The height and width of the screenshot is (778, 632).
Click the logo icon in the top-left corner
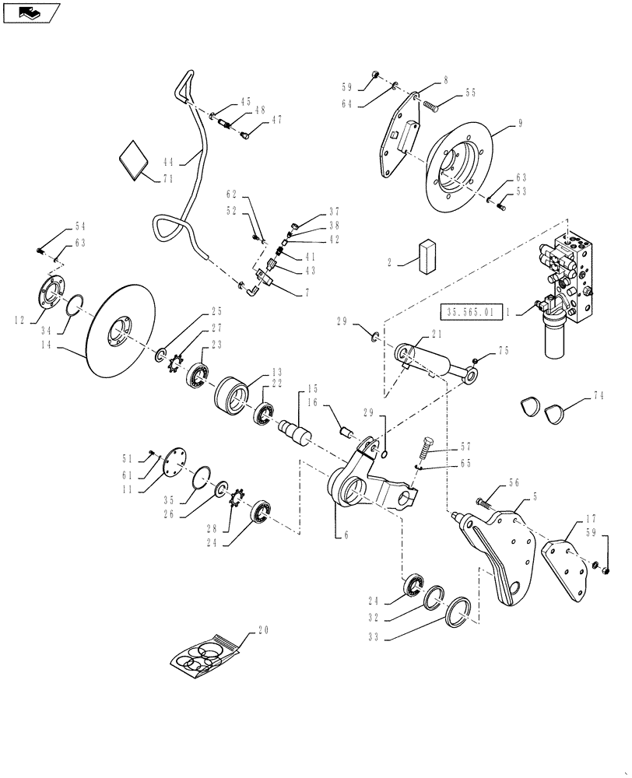click(30, 12)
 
